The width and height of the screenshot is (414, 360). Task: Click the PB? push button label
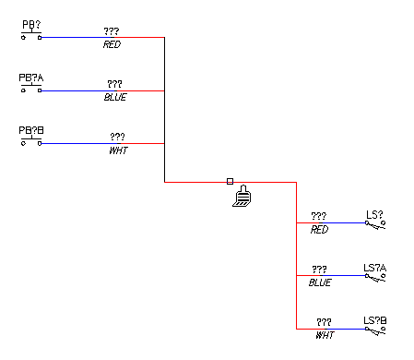pyautogui.click(x=31, y=24)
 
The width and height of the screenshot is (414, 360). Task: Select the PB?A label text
pyautogui.click(x=31, y=78)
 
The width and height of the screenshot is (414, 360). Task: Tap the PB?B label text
pyautogui.click(x=31, y=130)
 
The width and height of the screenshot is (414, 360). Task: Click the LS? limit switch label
pyautogui.click(x=374, y=214)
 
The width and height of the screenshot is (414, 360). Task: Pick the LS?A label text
pyautogui.click(x=374, y=268)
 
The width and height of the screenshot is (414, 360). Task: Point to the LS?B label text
pyautogui.click(x=375, y=320)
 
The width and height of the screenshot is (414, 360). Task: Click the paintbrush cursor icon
pyautogui.click(x=242, y=196)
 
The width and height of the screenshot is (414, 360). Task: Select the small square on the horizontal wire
pyautogui.click(x=230, y=182)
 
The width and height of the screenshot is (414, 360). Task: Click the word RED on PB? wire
pyautogui.click(x=112, y=44)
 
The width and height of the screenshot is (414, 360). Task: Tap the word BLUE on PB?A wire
pyautogui.click(x=115, y=97)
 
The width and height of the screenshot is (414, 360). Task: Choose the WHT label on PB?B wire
pyautogui.click(x=118, y=150)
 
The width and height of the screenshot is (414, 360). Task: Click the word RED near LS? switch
pyautogui.click(x=319, y=229)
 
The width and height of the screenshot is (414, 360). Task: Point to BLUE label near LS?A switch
pyautogui.click(x=320, y=282)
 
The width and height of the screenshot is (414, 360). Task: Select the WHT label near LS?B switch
pyautogui.click(x=325, y=335)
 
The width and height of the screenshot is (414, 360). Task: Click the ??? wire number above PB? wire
pyautogui.click(x=112, y=31)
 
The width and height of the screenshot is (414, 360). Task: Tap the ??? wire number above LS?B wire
pyautogui.click(x=324, y=322)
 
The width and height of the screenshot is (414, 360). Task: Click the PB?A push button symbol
pyautogui.click(x=31, y=88)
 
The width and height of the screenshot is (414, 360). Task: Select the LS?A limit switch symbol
pyautogui.click(x=375, y=277)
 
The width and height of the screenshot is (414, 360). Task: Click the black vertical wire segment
pyautogui.click(x=164, y=110)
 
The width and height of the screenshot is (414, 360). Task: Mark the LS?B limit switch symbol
pyautogui.click(x=375, y=330)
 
